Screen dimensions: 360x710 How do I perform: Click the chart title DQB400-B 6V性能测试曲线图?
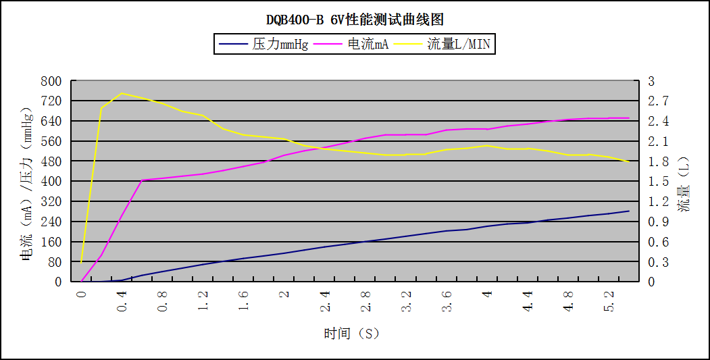click(x=354, y=20)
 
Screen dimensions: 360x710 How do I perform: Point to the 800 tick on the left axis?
click(x=52, y=81)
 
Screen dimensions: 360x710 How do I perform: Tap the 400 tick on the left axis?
click(x=52, y=181)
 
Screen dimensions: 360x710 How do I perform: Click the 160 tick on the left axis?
click(x=52, y=241)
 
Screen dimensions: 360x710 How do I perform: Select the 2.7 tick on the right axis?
click(x=658, y=101)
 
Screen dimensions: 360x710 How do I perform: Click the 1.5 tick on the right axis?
click(x=658, y=181)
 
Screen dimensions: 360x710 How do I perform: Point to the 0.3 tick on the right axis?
click(x=658, y=261)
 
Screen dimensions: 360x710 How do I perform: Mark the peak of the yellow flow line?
click(x=122, y=93)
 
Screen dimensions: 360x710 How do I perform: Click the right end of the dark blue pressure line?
click(x=629, y=211)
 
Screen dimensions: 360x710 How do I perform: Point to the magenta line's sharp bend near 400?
click(x=142, y=180)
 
